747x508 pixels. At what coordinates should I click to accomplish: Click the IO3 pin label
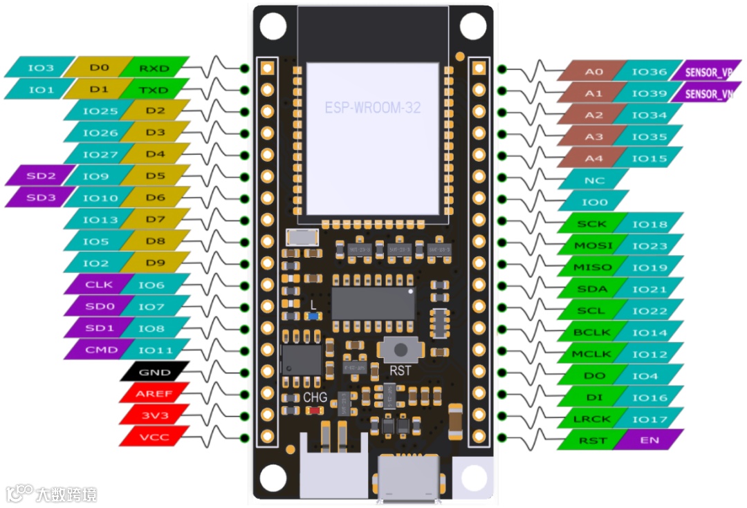tap(40, 68)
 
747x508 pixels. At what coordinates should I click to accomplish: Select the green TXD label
tap(154, 90)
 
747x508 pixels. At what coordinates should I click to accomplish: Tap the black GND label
tap(154, 372)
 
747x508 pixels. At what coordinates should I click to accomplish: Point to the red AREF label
tap(154, 393)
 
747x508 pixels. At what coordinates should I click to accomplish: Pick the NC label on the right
tap(594, 180)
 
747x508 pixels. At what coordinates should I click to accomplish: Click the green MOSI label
tap(593, 245)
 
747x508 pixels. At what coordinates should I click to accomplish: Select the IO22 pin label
tap(649, 311)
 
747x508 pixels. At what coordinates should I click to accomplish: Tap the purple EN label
tap(649, 440)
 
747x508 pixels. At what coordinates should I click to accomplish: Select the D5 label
tap(155, 176)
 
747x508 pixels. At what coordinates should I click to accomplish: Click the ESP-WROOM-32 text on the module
tap(373, 108)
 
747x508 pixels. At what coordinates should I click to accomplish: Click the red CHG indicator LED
tap(316, 411)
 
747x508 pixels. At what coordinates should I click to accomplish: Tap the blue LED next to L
tap(313, 316)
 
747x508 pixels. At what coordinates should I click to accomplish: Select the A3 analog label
tap(593, 137)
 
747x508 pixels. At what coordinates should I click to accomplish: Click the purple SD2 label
tap(41, 176)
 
